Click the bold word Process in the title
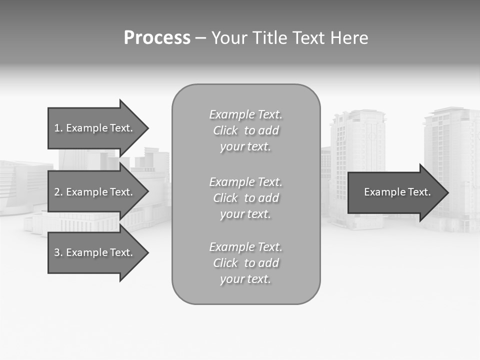point(157,37)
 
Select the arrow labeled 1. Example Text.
point(94,128)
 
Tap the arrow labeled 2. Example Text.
point(94,192)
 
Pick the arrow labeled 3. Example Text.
point(94,252)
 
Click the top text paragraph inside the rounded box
point(245,130)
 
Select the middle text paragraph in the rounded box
point(245,198)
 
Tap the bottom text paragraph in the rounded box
point(245,263)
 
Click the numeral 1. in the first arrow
point(58,128)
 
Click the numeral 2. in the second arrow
point(58,192)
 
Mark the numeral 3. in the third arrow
point(58,252)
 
